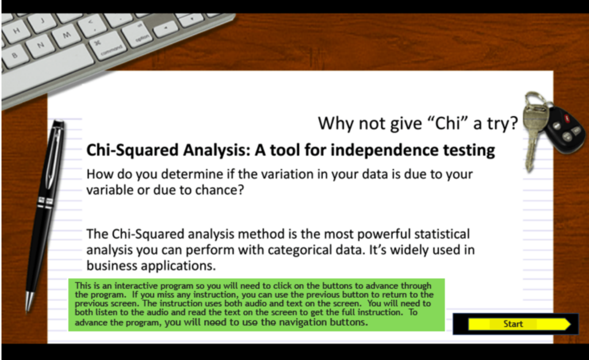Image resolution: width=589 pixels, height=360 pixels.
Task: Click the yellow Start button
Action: click(x=519, y=324)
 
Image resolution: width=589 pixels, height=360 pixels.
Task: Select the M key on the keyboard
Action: click(x=66, y=35)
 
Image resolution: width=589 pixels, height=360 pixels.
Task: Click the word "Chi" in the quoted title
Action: click(x=448, y=124)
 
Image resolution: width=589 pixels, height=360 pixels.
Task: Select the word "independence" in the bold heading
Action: click(x=385, y=150)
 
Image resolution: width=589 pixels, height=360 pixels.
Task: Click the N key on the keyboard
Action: click(x=40, y=45)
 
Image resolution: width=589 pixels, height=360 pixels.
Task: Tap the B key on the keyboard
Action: click(x=14, y=56)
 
